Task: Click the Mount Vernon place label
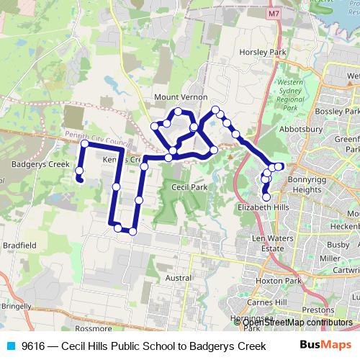180,97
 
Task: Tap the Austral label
178,277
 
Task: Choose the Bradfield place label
19,245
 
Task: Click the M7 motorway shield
273,14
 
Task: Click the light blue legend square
10,346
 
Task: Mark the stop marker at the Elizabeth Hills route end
266,197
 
